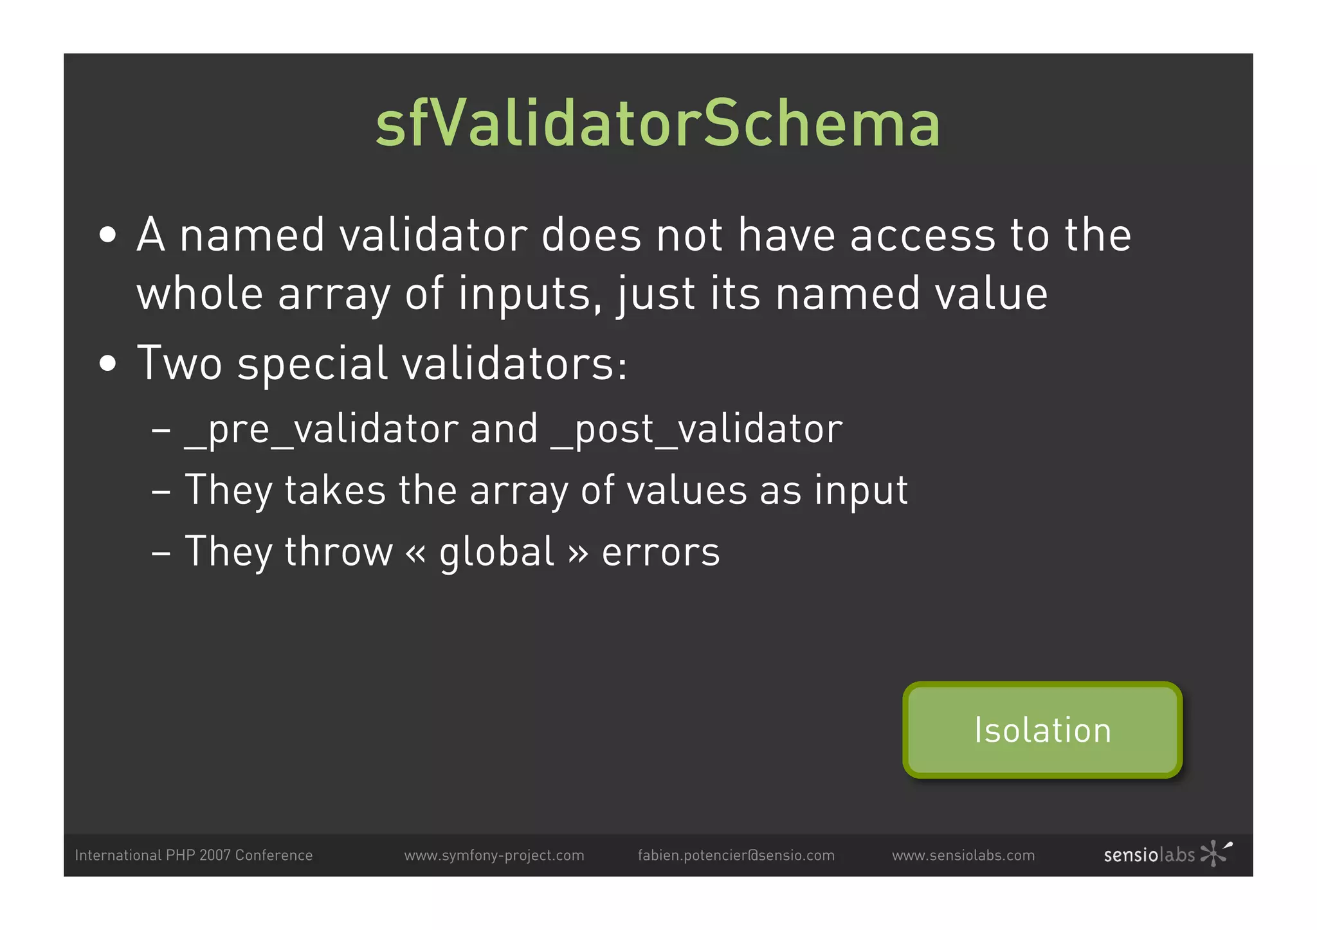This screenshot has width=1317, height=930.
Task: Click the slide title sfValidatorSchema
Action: pos(658,124)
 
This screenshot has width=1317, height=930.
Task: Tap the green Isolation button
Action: pos(1042,730)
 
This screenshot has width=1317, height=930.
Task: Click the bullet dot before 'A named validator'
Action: pos(108,235)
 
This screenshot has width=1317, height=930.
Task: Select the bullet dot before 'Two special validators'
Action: pos(108,364)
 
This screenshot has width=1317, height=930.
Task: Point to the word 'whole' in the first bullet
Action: pos(199,294)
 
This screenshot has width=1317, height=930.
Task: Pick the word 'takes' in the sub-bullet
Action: pos(335,490)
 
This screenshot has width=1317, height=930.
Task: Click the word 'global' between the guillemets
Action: pos(496,553)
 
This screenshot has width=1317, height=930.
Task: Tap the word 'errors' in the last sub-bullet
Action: pos(660,553)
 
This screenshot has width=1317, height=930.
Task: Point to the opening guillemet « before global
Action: pos(416,553)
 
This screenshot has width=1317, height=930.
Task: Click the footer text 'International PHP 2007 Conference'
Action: pos(194,855)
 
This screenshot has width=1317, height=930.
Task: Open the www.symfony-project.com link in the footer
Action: pos(494,855)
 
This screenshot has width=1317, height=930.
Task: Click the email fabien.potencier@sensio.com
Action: pos(736,855)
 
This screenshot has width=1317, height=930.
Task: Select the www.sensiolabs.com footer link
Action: pos(963,855)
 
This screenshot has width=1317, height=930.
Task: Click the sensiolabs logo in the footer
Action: pos(1167,854)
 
